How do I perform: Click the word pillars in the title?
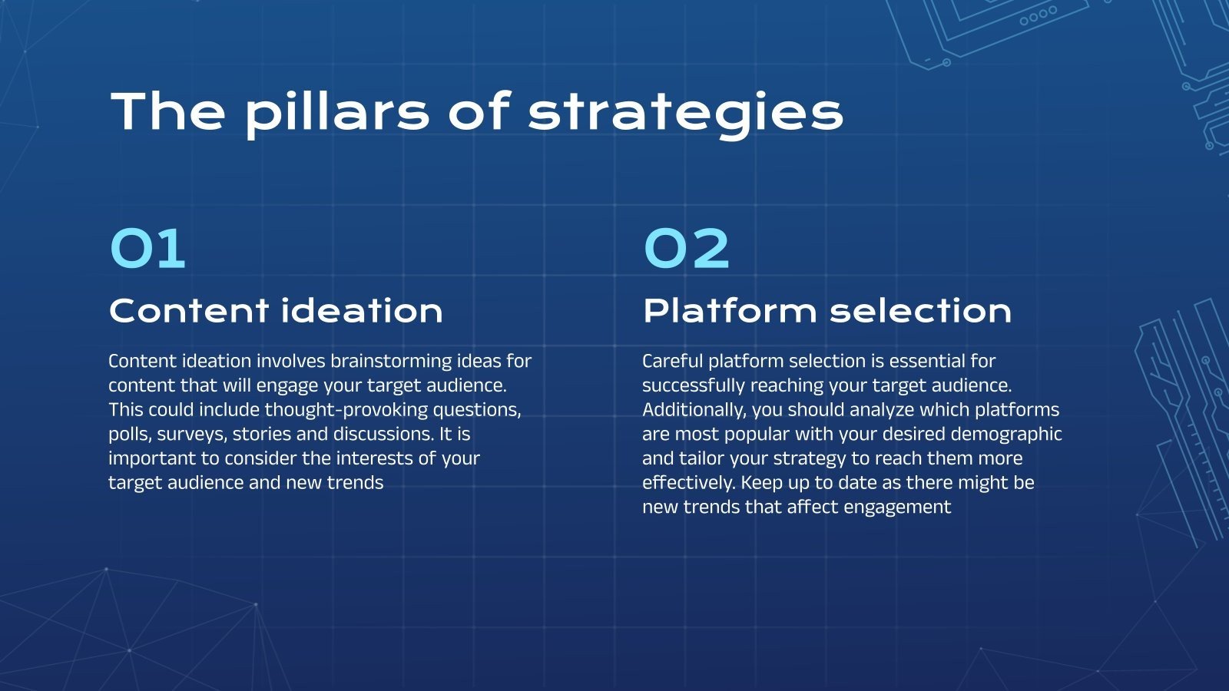click(337, 112)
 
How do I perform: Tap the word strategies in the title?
click(685, 112)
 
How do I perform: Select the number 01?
click(147, 248)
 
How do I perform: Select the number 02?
click(686, 248)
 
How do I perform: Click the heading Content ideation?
click(276, 311)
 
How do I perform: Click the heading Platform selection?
click(827, 311)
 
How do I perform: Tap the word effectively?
click(688, 483)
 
